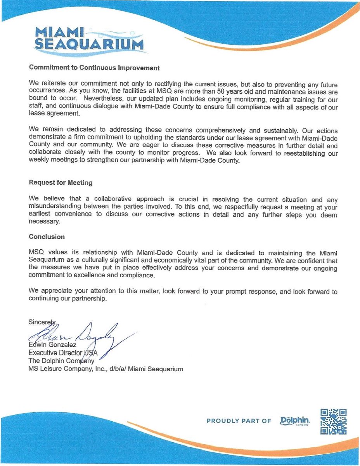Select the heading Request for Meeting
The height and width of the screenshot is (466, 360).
[x=61, y=183]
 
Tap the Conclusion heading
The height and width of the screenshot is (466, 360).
[x=47, y=236]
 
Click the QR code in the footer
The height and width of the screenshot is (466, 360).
[x=333, y=421]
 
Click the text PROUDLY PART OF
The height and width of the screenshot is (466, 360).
[x=239, y=421]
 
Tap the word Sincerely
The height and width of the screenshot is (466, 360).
[x=42, y=322]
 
